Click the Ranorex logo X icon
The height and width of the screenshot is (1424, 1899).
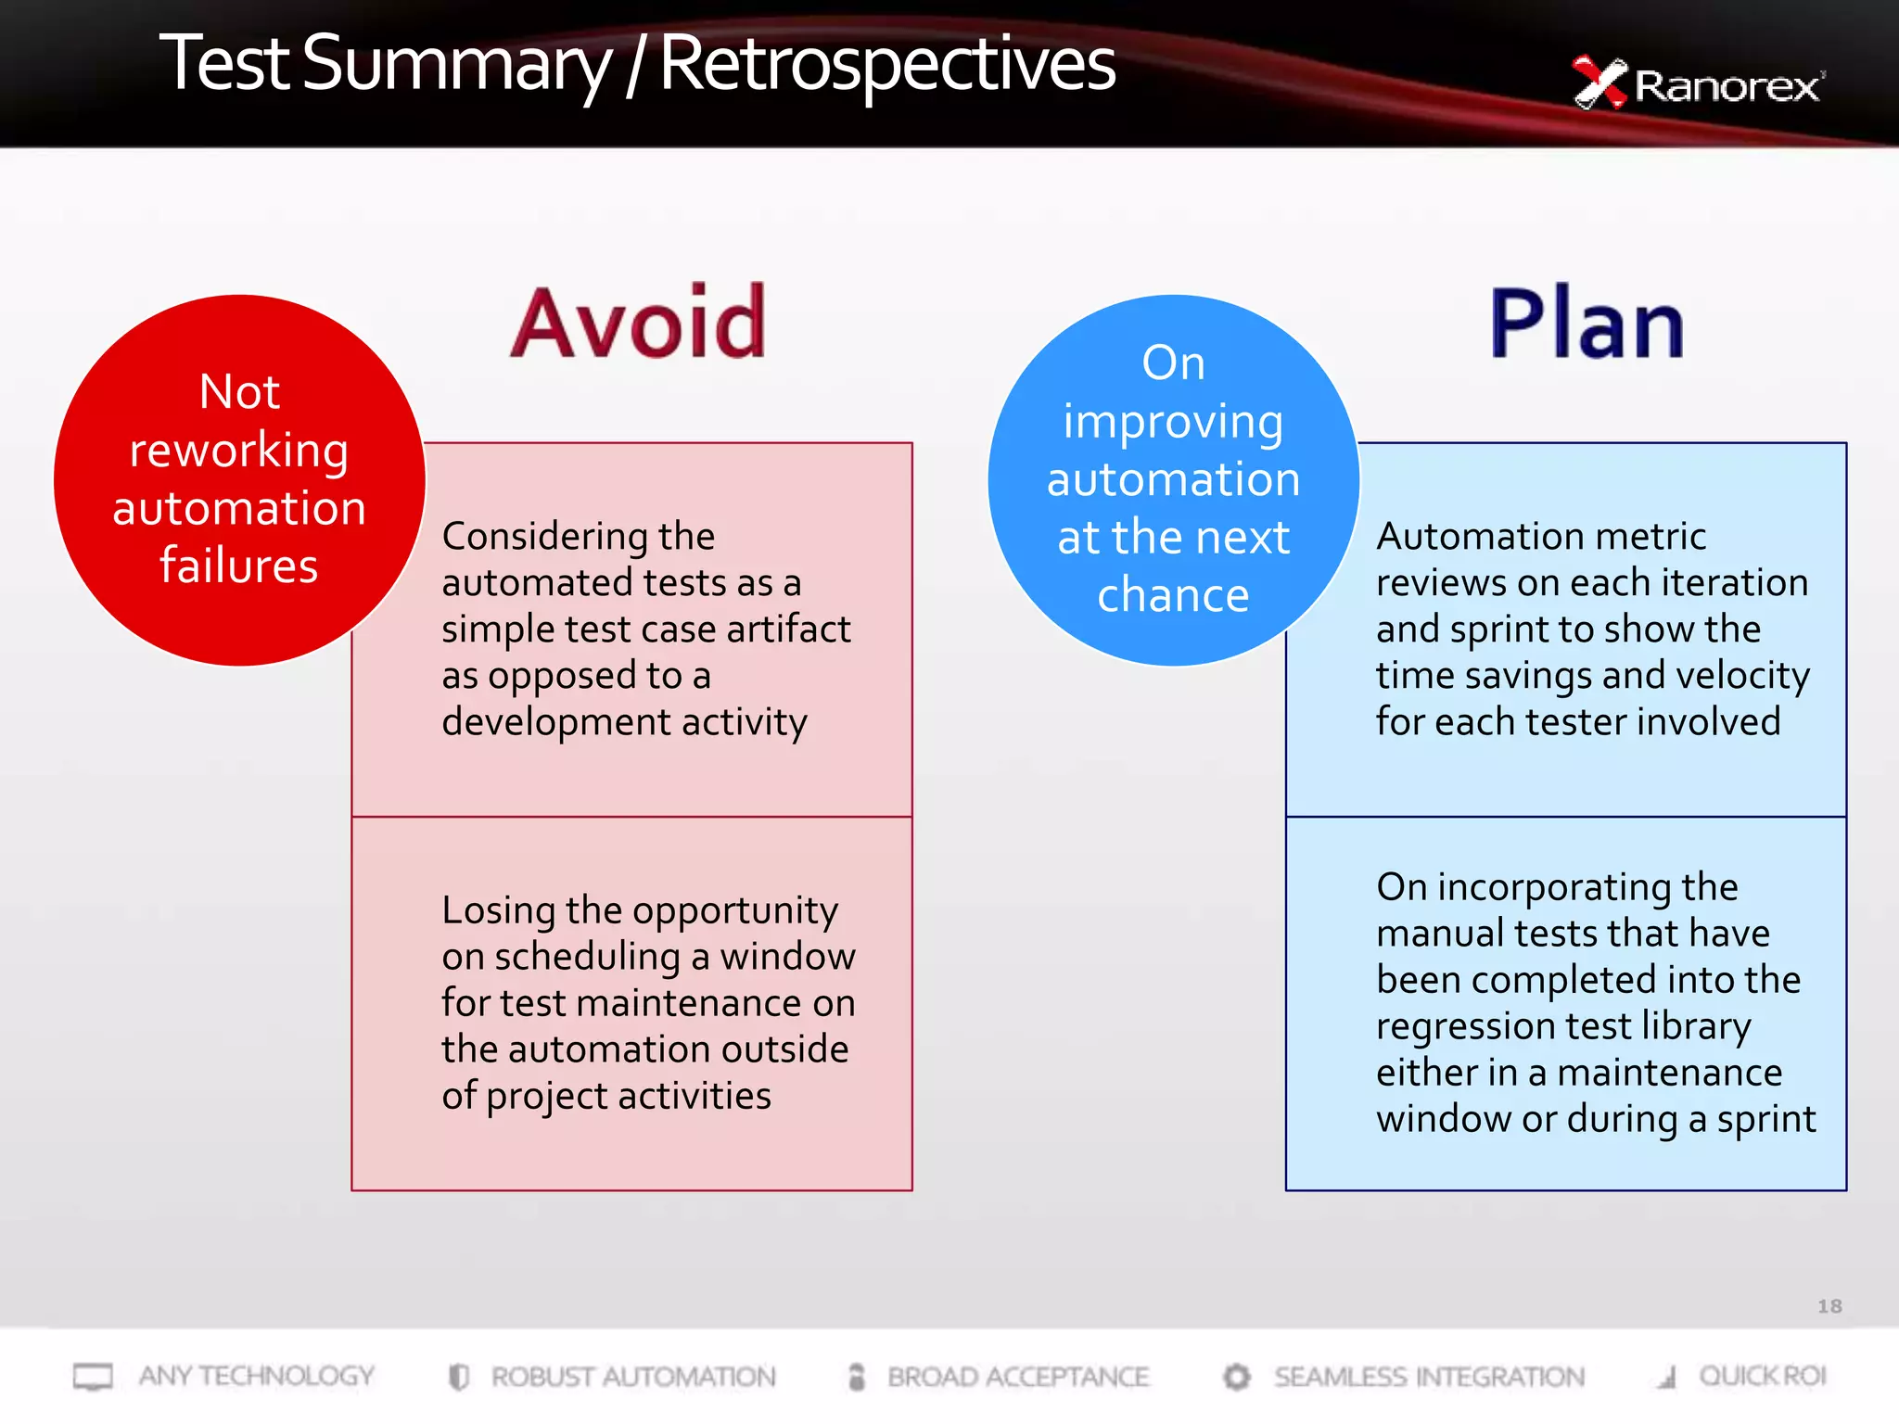click(x=1599, y=83)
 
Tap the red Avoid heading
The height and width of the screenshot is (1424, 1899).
click(x=639, y=323)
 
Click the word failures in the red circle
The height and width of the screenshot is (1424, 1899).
click(x=239, y=565)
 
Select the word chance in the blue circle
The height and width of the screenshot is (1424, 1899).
click(x=1173, y=594)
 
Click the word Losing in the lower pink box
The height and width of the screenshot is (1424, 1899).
click(x=498, y=909)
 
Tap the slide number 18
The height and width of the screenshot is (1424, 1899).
click(x=1829, y=1305)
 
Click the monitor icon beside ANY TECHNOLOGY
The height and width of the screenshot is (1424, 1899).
click(x=93, y=1377)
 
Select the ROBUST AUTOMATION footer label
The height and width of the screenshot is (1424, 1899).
click(x=633, y=1377)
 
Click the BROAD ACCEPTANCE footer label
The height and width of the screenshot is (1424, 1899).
click(x=1017, y=1377)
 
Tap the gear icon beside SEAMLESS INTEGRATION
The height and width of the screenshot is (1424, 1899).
click(x=1236, y=1377)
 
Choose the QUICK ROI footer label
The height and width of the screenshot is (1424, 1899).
click(x=1762, y=1376)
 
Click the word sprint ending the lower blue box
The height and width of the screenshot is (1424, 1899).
click(x=1765, y=1119)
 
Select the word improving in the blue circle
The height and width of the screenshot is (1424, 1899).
click(x=1173, y=422)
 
